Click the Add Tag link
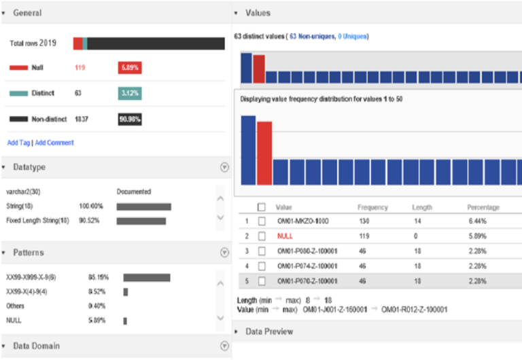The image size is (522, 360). pyautogui.click(x=18, y=143)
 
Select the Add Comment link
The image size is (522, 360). pyautogui.click(x=54, y=143)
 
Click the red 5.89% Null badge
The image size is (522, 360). pyautogui.click(x=129, y=68)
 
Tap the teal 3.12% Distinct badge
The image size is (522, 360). pyautogui.click(x=129, y=93)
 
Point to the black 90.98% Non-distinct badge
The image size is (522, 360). pyautogui.click(x=129, y=119)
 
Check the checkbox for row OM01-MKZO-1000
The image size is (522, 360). pyautogui.click(x=262, y=221)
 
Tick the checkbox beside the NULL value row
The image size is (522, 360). pyautogui.click(x=262, y=236)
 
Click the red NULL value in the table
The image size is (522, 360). pyautogui.click(x=285, y=236)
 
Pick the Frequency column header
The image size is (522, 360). pyautogui.click(x=372, y=207)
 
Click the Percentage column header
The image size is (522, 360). pyautogui.click(x=483, y=207)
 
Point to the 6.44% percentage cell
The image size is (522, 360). pyautogui.click(x=476, y=221)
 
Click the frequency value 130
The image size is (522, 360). pyautogui.click(x=364, y=221)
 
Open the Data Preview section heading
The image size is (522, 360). pyautogui.click(x=269, y=331)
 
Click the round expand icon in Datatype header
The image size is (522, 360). pyautogui.click(x=224, y=167)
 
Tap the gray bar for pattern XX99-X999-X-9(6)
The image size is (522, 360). pyautogui.click(x=146, y=277)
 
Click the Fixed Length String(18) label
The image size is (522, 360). pyautogui.click(x=37, y=221)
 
